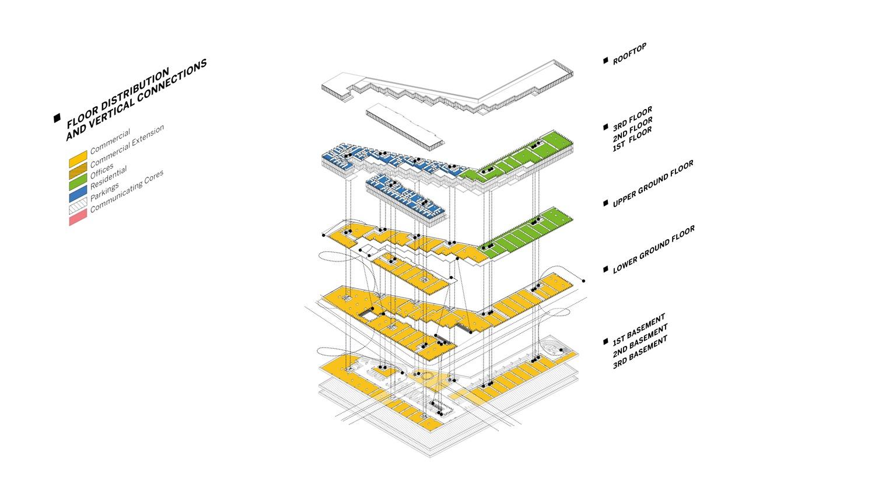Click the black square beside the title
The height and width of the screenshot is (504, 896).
click(57, 118)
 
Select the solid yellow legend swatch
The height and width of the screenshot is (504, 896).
click(78, 159)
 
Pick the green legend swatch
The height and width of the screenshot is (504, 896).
click(78, 182)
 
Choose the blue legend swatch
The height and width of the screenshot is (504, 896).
click(78, 194)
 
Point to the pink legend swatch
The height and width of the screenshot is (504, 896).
click(78, 217)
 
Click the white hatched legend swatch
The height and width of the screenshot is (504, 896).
click(78, 205)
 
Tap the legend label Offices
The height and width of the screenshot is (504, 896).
click(102, 171)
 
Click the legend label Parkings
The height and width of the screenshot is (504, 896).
click(104, 192)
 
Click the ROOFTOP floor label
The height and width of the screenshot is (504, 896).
click(629, 54)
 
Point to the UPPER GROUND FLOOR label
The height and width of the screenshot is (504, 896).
click(653, 184)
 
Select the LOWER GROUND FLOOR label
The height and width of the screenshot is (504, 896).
click(653, 249)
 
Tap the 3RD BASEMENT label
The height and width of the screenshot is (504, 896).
click(640, 352)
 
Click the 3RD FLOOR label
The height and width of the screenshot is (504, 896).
click(632, 119)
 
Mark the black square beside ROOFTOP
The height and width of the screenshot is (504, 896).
click(605, 61)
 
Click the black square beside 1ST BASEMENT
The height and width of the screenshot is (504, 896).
click(605, 342)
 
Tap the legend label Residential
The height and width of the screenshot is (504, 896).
click(108, 177)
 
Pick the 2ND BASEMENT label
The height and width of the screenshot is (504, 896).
click(640, 341)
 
